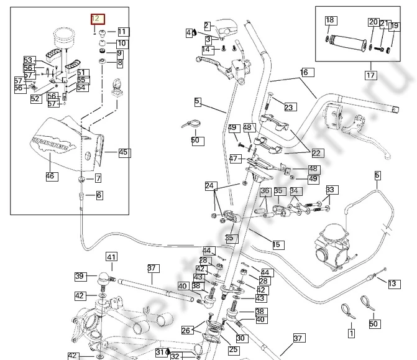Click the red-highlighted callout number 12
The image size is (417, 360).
pos(98,21)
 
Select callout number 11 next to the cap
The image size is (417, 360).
pos(122,32)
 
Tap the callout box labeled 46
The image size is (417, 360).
pos(50,176)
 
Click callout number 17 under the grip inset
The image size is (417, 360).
pos(370,75)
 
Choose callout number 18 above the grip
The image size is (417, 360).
pos(329,21)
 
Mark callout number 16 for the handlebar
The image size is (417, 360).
pos(305,72)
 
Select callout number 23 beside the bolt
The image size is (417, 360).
pos(288,108)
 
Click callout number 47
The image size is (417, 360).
pos(234,159)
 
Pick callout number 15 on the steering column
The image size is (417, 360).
pos(277,244)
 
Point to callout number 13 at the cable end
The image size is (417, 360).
pos(392,284)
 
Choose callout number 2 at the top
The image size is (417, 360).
pos(207,25)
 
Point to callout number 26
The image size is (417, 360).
pos(186,331)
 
